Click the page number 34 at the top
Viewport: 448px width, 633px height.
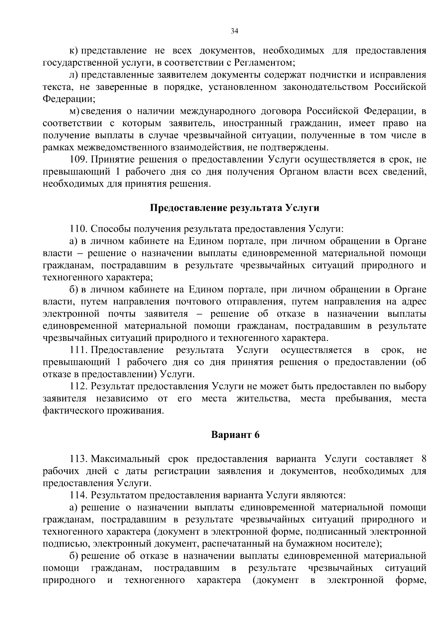(x=234, y=31)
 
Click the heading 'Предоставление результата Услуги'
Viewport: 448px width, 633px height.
(x=234, y=208)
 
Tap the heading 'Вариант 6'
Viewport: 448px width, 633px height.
(x=235, y=435)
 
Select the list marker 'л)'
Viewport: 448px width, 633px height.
(x=74, y=75)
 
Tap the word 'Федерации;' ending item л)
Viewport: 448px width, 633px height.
(x=69, y=99)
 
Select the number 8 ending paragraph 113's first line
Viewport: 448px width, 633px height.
(x=423, y=459)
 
